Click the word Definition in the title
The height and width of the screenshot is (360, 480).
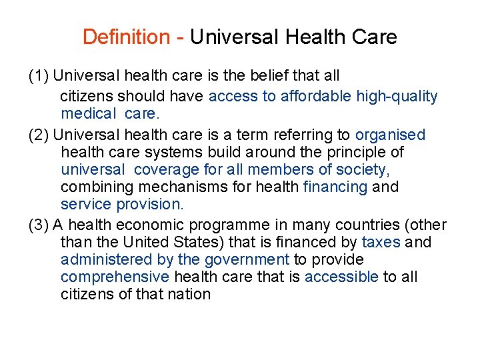coord(126,37)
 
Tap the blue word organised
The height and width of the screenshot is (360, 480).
coord(390,135)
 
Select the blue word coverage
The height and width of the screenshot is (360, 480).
coord(167,169)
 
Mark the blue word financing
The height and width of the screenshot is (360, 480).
coord(335,187)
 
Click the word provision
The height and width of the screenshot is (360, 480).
coord(149,204)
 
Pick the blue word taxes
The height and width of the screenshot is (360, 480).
coord(380,242)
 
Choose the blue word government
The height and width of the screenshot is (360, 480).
coord(246,259)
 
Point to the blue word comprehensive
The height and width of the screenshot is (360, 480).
coord(115,277)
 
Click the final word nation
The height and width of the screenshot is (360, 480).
coord(188,294)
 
